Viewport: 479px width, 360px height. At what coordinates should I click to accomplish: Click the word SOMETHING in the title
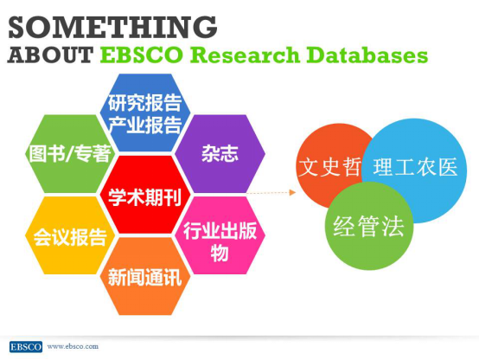point(112,27)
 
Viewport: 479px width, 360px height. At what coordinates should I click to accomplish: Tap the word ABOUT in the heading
point(50,55)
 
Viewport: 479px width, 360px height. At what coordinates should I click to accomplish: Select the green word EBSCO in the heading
point(142,55)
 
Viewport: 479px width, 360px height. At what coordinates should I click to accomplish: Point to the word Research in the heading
point(245,55)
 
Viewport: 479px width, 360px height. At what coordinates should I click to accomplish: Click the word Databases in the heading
point(367,55)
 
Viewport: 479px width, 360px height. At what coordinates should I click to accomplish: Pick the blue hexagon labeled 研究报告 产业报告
point(145,112)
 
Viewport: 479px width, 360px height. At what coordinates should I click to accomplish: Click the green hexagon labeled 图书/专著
point(70,154)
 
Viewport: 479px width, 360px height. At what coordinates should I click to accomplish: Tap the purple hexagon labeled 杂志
point(220,154)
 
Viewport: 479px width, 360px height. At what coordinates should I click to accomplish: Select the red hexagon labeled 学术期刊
point(145,195)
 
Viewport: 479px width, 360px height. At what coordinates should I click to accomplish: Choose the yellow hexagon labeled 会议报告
point(70,235)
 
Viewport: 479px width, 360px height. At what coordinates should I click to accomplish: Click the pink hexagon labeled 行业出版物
point(220,235)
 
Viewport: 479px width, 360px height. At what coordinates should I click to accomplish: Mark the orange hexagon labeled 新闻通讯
point(145,277)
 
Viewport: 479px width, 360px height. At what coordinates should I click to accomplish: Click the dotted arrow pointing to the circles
point(271,192)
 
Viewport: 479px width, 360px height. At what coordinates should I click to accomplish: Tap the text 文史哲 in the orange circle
point(329,167)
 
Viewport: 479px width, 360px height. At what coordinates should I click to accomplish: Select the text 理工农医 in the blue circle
point(416,167)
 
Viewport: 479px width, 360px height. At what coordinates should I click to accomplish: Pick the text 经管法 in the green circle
point(368,226)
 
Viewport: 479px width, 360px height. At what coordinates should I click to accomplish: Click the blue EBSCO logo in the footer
point(26,346)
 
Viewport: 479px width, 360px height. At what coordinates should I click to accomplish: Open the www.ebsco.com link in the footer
point(73,346)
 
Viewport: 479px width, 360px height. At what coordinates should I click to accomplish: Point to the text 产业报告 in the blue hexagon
point(145,125)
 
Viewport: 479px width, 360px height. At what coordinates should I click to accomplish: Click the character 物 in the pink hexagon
point(220,253)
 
